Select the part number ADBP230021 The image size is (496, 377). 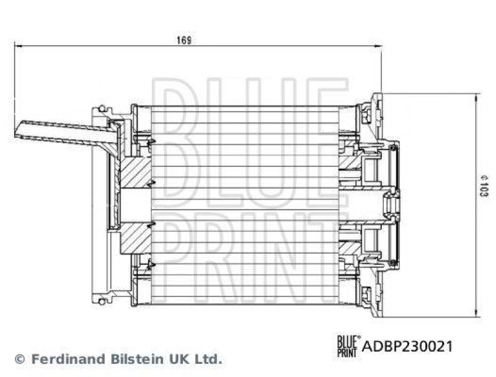tap(407, 346)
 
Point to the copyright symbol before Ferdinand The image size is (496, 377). tap(19, 358)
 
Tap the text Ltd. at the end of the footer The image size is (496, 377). tap(209, 358)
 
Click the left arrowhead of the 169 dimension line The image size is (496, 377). tap(17, 45)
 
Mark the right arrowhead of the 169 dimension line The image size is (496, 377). tap(379, 45)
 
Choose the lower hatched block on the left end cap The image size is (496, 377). tap(136, 239)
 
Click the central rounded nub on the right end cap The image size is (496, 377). tap(392, 204)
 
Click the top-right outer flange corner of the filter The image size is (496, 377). tap(380, 95)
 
